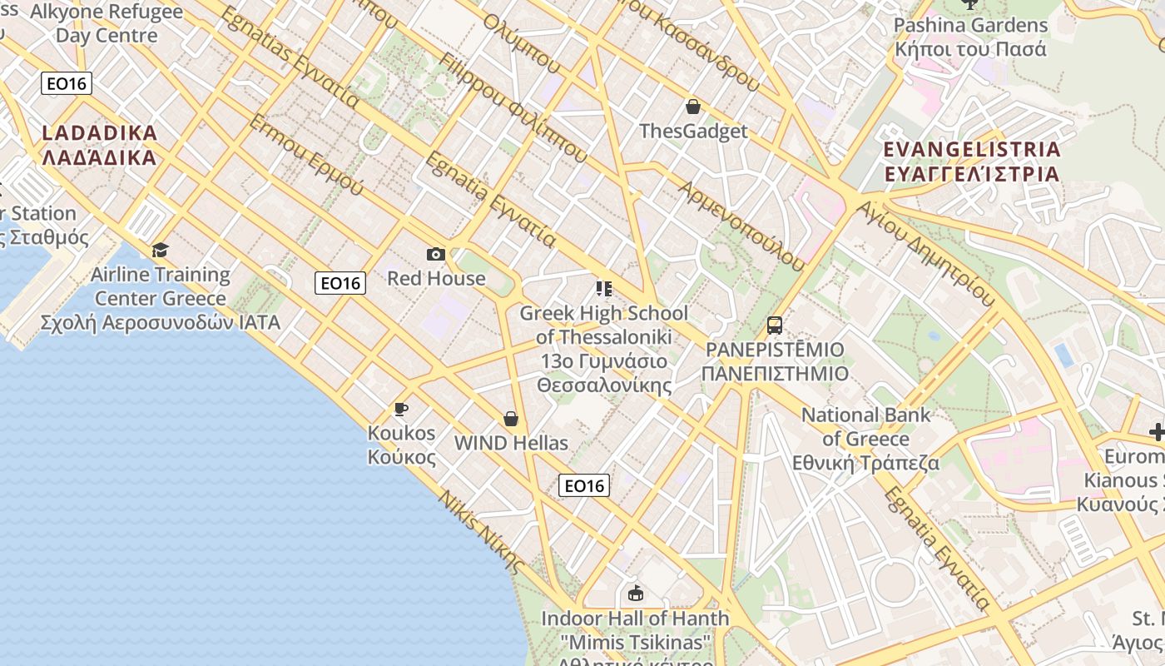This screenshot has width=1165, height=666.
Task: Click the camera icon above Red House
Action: (435, 255)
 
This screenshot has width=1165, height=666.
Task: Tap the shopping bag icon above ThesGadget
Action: (692, 107)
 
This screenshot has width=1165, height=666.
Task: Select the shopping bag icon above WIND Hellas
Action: (511, 419)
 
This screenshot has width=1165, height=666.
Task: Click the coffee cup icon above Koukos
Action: (401, 409)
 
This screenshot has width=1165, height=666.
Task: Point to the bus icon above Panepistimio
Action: (775, 325)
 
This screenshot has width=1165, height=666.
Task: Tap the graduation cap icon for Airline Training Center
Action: (160, 250)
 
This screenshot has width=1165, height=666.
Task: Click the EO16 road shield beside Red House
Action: (340, 283)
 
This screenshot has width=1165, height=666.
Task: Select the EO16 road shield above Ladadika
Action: (67, 83)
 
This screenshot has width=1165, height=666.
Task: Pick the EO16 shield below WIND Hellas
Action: (584, 485)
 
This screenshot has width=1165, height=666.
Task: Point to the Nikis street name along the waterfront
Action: (482, 533)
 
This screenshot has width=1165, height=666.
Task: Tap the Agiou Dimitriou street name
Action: (925, 253)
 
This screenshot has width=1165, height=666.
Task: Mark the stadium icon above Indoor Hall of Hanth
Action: (637, 594)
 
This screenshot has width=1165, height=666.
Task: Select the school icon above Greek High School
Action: (604, 289)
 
